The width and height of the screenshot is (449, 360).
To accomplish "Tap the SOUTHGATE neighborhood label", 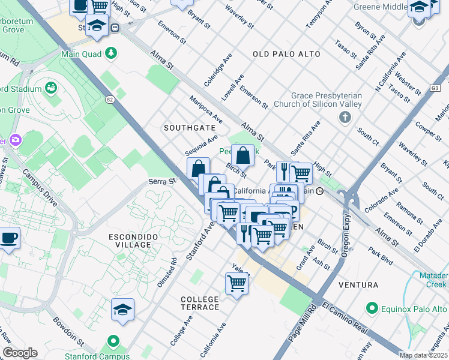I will tap(189, 128).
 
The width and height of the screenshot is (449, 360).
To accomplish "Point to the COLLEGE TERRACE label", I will tap(200, 303).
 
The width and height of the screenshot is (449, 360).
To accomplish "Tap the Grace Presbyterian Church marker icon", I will tap(345, 116).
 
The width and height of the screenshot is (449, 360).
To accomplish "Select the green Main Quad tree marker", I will tap(111, 53).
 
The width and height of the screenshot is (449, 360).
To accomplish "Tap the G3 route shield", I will tap(435, 88).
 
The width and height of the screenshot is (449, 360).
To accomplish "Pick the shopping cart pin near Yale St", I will tap(237, 283).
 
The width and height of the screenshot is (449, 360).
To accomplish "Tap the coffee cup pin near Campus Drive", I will tap(8, 238).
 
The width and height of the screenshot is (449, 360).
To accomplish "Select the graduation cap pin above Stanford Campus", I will tap(122, 310).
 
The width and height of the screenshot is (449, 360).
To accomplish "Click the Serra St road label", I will tap(162, 181).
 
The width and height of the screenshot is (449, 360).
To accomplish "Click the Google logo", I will tap(20, 353).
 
